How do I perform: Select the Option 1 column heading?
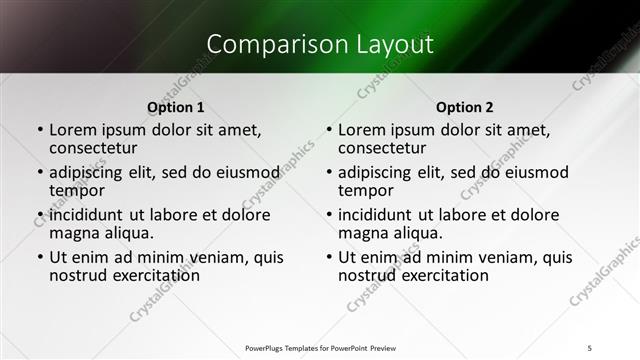(x=176, y=107)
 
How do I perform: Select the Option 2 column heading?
(x=465, y=107)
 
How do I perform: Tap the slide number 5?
(x=589, y=347)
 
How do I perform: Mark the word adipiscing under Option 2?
(x=376, y=172)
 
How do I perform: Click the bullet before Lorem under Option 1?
(x=39, y=130)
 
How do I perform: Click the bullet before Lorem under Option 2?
(x=328, y=130)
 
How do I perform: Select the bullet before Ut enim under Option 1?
(x=39, y=257)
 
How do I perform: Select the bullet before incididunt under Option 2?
(x=328, y=215)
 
